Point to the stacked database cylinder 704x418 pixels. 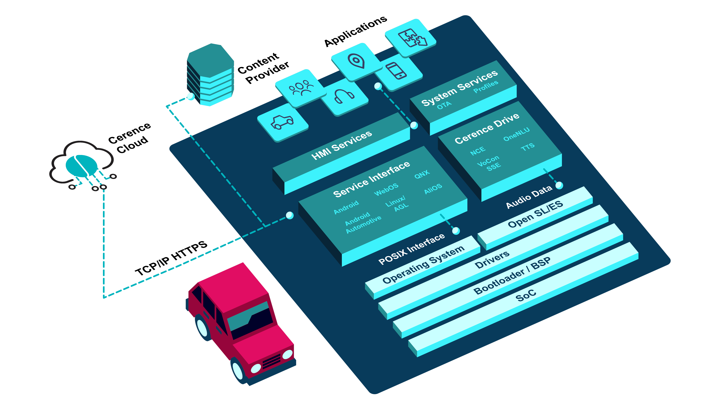211,75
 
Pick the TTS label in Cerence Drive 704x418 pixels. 527,147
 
